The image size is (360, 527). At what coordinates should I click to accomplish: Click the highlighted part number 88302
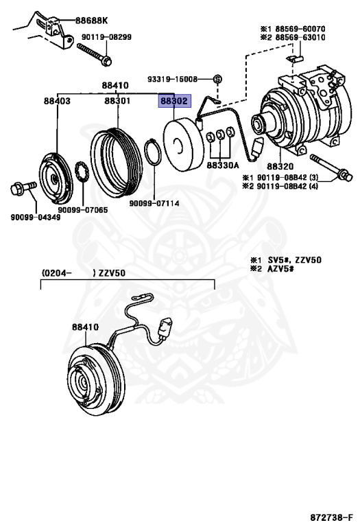pyautogui.click(x=174, y=101)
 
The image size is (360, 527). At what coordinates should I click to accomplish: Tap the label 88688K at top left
pyautogui.click(x=91, y=21)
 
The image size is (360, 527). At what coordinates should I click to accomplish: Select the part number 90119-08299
pyautogui.click(x=106, y=37)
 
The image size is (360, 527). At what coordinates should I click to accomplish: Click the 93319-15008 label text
pyautogui.click(x=173, y=80)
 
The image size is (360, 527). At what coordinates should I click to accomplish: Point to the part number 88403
pyautogui.click(x=57, y=101)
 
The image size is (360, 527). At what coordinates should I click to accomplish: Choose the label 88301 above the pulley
pyautogui.click(x=117, y=101)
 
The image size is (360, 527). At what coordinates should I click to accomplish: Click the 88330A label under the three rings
pyautogui.click(x=223, y=165)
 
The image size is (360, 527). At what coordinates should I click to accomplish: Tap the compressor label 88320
pyautogui.click(x=280, y=166)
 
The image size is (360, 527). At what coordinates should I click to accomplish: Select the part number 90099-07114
pyautogui.click(x=154, y=203)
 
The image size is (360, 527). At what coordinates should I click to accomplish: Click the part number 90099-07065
pyautogui.click(x=83, y=210)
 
